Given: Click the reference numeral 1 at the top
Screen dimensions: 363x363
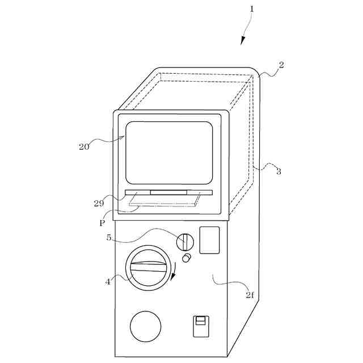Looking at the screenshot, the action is pos(252,9).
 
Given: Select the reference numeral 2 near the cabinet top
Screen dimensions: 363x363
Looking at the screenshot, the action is pos(281,65).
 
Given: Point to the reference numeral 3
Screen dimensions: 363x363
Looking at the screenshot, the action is pos(278,171).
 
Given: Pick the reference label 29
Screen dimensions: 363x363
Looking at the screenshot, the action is pos(99,203).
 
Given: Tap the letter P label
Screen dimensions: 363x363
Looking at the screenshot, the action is pos(102,223).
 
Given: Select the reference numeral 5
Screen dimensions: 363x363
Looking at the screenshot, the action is pos(109,238).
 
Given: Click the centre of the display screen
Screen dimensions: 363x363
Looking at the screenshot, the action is pos(169,152).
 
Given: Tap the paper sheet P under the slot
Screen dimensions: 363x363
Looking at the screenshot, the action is pos(164,199).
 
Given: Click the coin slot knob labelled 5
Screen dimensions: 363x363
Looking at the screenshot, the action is pos(185,242).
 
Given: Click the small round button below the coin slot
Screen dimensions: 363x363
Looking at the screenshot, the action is pos(187,258).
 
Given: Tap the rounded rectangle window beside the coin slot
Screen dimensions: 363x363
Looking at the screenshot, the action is pos(210,240).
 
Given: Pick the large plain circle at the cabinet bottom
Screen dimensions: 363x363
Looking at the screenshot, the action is pos(146,326).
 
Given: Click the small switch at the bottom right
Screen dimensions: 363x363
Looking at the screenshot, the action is pos(199,326).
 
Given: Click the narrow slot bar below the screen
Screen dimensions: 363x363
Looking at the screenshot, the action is pos(168,192).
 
